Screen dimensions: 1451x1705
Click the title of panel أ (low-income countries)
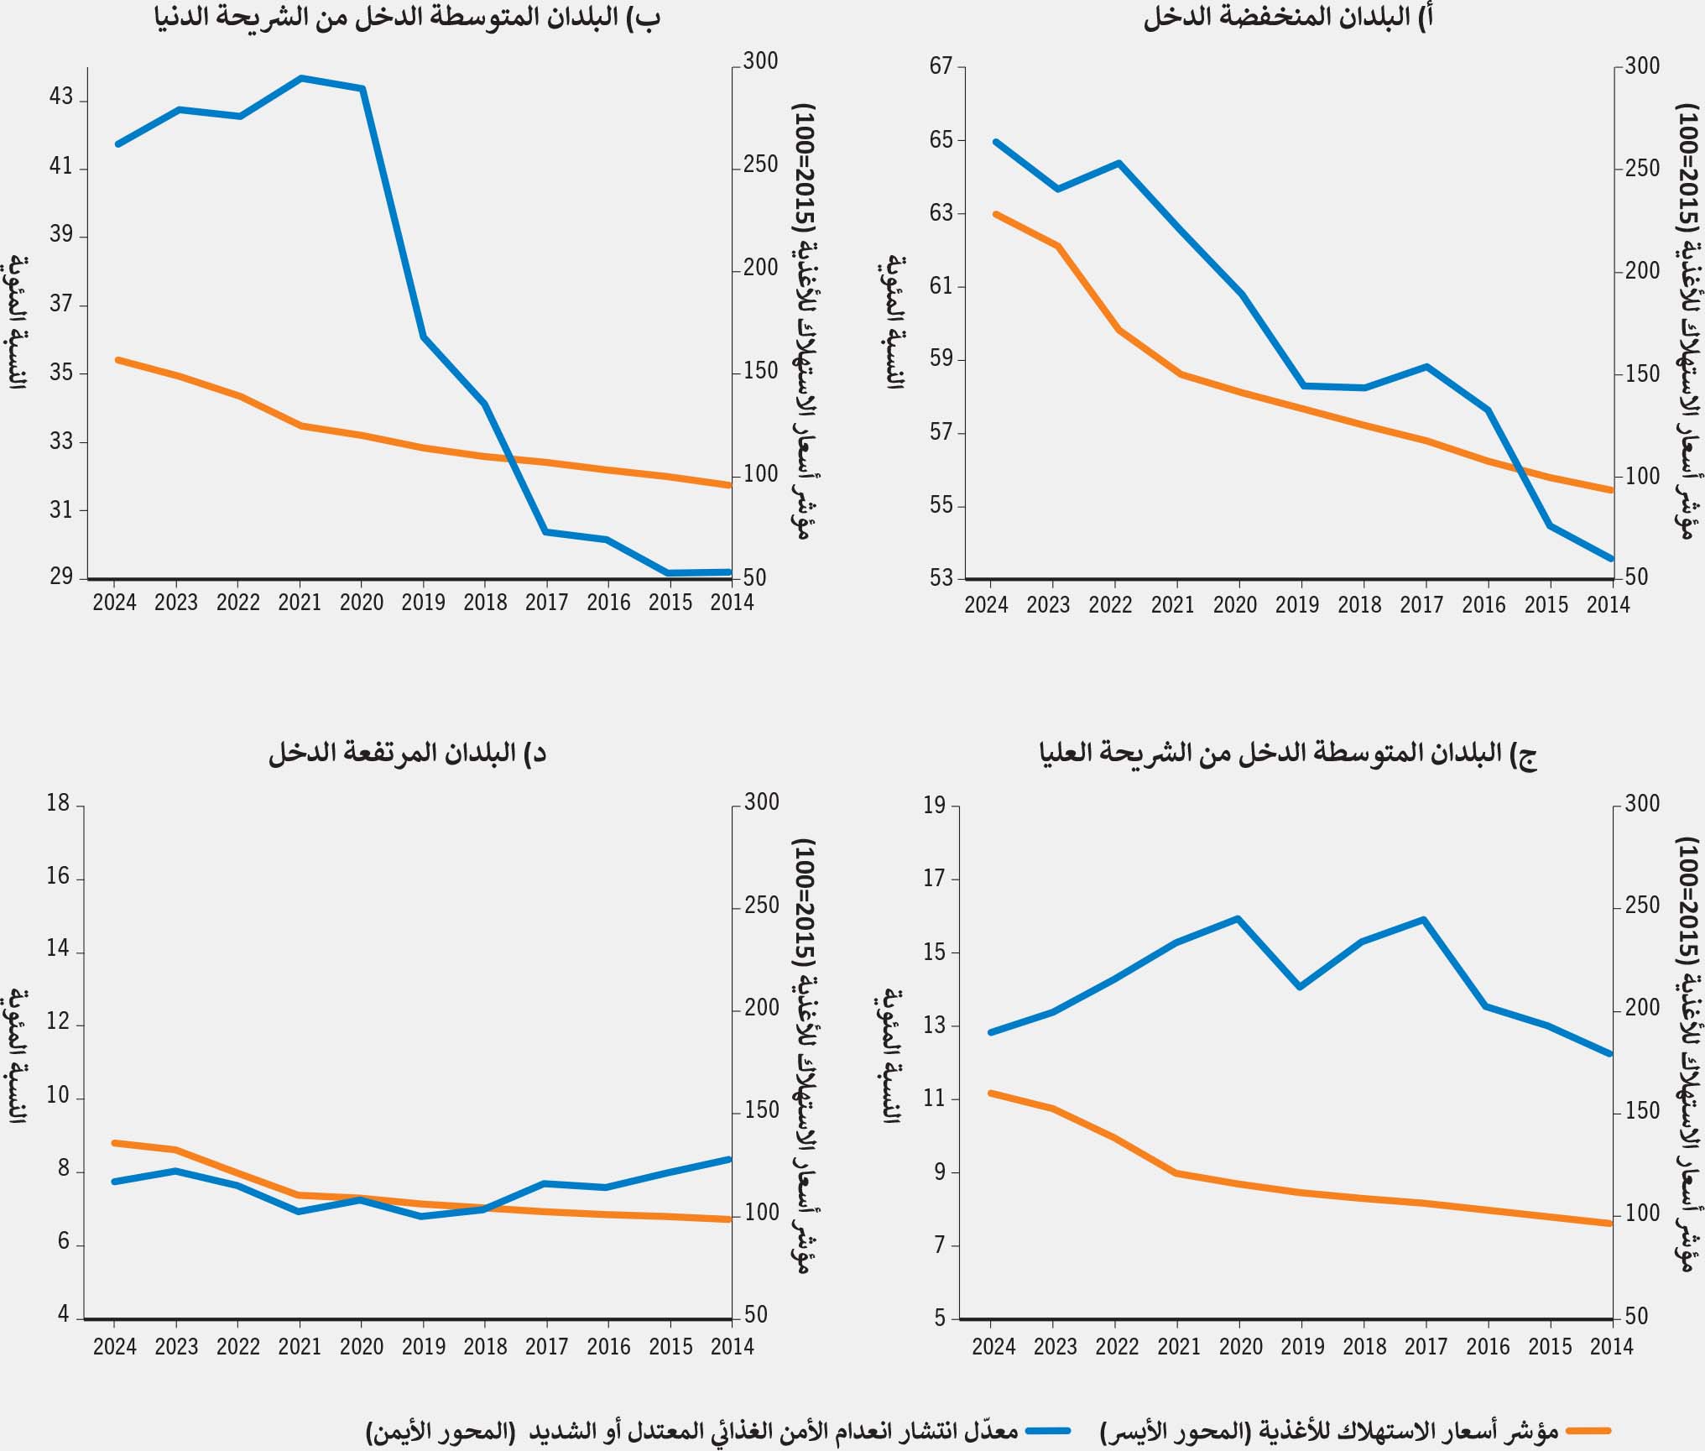click(1288, 18)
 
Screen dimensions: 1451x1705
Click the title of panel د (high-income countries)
click(408, 753)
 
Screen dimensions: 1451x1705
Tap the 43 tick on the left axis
click(61, 97)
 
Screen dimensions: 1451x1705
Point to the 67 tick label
click(941, 66)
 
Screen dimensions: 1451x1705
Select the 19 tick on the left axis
click(934, 806)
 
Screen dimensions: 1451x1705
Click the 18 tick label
click(58, 804)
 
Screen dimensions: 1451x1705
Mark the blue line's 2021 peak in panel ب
click(300, 78)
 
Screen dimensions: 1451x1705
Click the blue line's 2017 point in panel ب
click(546, 531)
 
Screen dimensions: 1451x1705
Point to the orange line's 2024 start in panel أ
click(995, 214)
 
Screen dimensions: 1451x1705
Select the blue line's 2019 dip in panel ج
click(1300, 987)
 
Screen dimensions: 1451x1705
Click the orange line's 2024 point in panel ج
click(991, 1093)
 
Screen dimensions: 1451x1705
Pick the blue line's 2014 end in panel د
click(730, 1159)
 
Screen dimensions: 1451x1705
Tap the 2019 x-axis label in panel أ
click(1297, 604)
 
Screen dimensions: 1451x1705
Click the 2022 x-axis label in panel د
click(238, 1346)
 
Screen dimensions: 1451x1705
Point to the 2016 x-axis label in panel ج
click(1488, 1346)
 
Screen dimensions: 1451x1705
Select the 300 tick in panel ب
click(760, 61)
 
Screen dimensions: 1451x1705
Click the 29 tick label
click(61, 577)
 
